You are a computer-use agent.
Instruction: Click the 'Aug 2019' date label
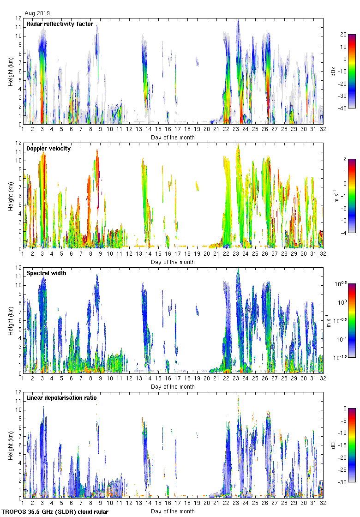37,13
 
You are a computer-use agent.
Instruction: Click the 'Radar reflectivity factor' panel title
60,24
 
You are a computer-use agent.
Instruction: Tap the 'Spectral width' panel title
46,273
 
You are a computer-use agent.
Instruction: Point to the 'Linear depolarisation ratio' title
62,398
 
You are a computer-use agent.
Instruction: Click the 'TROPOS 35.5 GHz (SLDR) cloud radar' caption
55,512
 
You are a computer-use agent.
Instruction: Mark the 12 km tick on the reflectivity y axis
18,18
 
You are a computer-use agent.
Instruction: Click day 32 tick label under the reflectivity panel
323,131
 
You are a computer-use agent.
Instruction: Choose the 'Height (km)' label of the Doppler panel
10,196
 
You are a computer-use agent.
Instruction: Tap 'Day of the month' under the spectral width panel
173,387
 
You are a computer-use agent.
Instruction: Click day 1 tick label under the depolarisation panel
23,505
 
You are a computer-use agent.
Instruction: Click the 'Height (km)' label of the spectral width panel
10,321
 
